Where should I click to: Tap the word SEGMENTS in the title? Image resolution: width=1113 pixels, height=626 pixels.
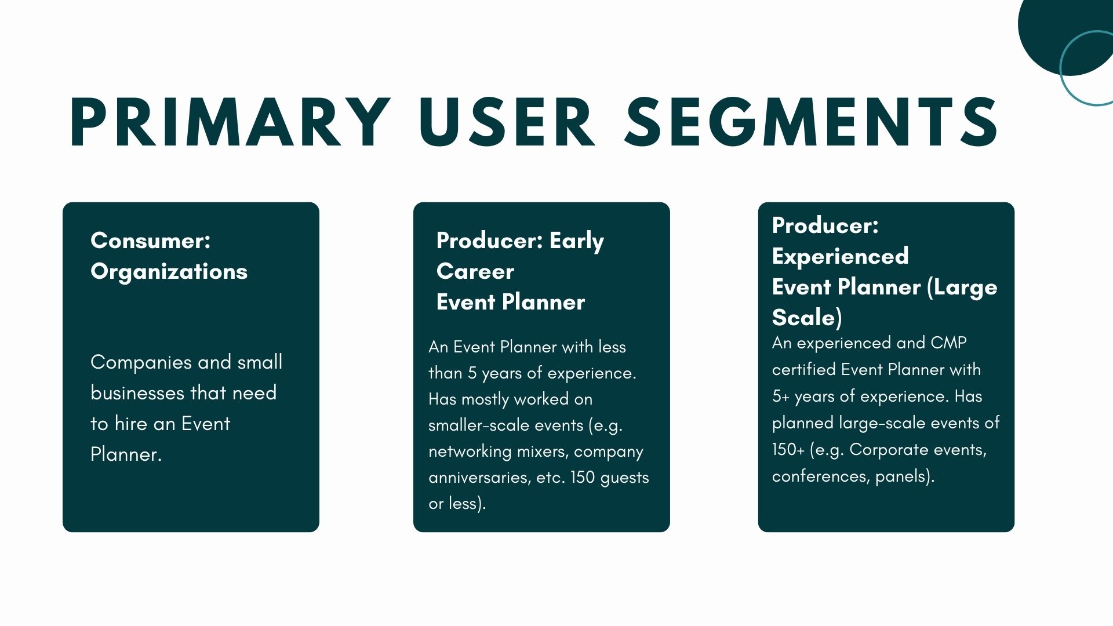point(812,122)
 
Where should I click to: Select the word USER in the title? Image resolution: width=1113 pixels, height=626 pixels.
point(507,122)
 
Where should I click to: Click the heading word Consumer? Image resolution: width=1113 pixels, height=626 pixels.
point(151,241)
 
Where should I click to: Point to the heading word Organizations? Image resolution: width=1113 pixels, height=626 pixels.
point(169,272)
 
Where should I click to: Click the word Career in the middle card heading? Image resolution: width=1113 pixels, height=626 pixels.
point(475,271)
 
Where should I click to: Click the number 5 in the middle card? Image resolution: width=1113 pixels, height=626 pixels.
point(472,373)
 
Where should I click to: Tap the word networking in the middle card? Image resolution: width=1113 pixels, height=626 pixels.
point(470,452)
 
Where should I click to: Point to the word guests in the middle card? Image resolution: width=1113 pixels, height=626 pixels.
point(625,478)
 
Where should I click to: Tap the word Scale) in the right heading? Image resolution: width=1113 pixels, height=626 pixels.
point(807,318)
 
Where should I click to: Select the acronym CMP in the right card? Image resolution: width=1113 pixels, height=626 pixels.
point(948,343)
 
